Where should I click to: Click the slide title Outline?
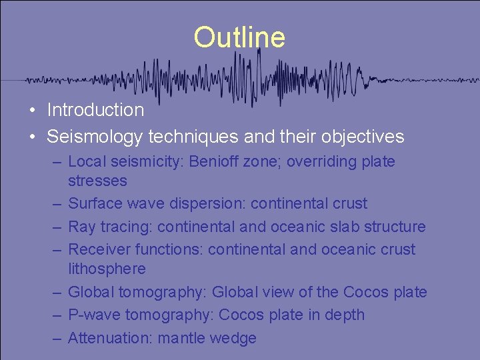coord(239,37)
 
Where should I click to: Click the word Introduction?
coord(95,110)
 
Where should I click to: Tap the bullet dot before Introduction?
coord(32,111)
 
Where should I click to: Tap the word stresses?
coord(97,181)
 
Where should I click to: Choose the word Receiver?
coord(97,249)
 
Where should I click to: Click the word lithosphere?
coord(107,269)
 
